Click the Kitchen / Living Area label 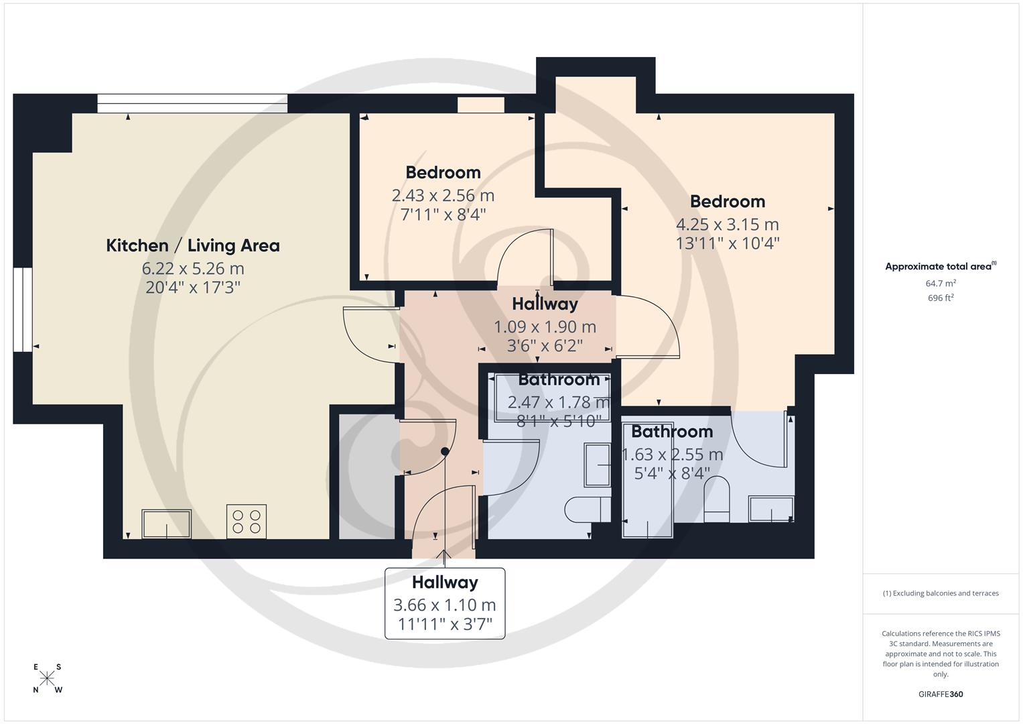(x=193, y=245)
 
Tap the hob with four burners (x=246, y=521)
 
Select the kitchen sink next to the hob (x=166, y=524)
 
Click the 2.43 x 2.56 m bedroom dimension (x=443, y=196)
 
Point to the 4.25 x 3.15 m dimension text (x=728, y=225)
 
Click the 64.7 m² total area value (x=941, y=284)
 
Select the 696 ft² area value (x=941, y=298)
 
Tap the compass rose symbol (x=47, y=678)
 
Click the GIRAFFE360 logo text (x=941, y=694)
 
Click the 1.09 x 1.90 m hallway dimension (x=545, y=327)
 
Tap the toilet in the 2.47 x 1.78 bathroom (x=587, y=509)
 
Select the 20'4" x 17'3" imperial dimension (x=193, y=288)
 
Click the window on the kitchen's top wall (x=192, y=103)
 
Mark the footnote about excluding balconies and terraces (x=941, y=593)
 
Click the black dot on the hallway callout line (x=445, y=451)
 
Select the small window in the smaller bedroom (x=480, y=105)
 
